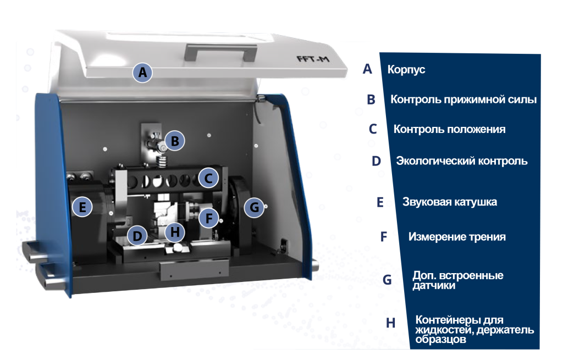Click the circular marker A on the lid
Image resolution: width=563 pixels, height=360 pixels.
[142, 73]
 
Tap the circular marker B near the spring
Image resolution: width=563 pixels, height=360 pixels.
[175, 141]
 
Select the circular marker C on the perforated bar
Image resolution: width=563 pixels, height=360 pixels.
[208, 178]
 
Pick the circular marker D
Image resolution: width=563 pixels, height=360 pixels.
[137, 236]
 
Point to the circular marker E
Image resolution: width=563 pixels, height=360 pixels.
[82, 207]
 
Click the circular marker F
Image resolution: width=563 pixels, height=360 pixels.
[209, 218]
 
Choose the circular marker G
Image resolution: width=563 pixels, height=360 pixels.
[254, 207]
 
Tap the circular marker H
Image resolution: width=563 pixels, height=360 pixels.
[175, 232]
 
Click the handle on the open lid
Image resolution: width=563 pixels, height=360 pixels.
[220, 52]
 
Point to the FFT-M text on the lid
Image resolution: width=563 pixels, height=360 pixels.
[313, 59]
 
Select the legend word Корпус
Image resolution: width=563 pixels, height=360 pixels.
[406, 69]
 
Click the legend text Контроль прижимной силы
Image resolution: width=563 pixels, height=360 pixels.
[463, 99]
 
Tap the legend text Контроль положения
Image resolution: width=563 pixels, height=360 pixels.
[449, 129]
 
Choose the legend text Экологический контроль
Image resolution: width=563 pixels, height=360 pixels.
[462, 161]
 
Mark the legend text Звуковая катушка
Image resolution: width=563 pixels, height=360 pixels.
[450, 202]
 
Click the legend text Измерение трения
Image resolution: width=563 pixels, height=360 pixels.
[457, 237]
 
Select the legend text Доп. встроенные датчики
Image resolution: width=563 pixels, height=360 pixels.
[458, 280]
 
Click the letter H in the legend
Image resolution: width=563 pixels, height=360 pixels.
[391, 323]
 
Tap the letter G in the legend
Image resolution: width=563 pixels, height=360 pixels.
[387, 280]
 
